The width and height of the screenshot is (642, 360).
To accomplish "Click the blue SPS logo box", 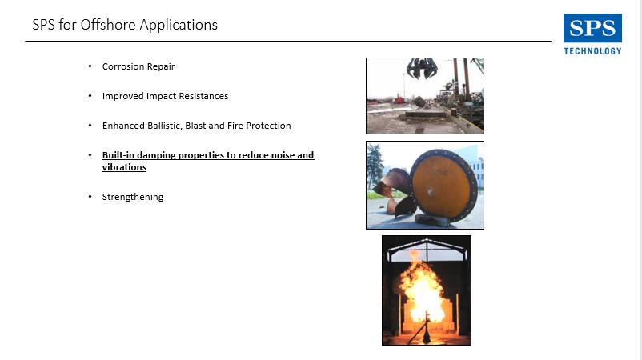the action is [x=592, y=28].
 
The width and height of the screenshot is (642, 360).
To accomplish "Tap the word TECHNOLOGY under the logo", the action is [x=592, y=51].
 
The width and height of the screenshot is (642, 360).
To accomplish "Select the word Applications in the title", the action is [x=179, y=26].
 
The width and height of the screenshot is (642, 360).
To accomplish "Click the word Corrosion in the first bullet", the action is [x=122, y=66].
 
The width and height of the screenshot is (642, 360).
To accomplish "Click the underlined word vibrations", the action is [x=124, y=167].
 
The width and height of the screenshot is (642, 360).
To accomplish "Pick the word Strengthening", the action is [x=133, y=197].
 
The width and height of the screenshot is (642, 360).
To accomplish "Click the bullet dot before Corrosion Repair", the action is [x=90, y=66].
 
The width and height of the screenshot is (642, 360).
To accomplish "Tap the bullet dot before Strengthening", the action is [x=90, y=196].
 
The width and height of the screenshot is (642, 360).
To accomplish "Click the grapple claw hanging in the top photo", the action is [x=422, y=68].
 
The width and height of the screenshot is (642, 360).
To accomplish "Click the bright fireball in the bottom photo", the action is [x=421, y=290].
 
